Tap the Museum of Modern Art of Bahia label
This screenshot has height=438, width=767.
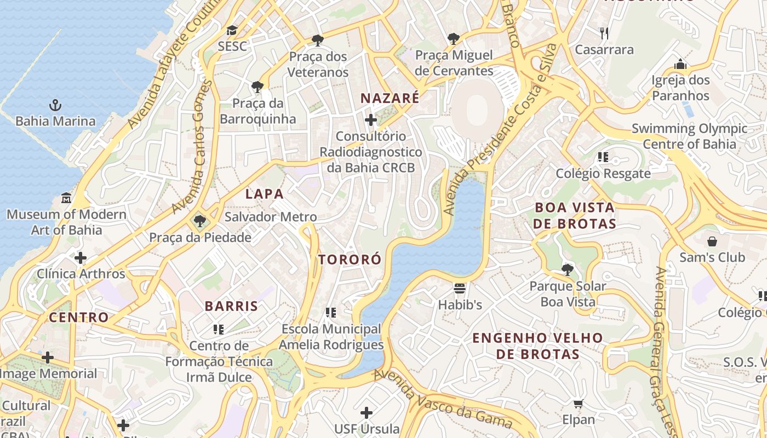[66, 222]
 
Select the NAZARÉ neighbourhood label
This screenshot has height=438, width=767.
[390, 99]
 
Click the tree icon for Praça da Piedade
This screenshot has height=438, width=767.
[200, 221]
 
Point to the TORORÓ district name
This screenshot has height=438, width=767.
[350, 260]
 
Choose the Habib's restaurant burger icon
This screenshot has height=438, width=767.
[460, 288]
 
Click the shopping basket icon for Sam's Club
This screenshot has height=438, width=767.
[712, 241]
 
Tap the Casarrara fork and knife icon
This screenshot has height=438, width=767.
[604, 33]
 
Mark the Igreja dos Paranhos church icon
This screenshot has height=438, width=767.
[680, 64]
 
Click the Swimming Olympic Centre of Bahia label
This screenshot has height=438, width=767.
[689, 136]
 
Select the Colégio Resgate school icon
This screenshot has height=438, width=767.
[603, 158]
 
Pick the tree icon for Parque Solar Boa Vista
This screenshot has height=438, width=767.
[567, 269]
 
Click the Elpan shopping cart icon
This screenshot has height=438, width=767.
[578, 404]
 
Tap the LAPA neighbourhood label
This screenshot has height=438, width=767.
[265, 194]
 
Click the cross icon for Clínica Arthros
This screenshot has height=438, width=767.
[81, 257]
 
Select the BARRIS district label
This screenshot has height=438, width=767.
[231, 306]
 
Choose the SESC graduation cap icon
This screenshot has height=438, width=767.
[232, 30]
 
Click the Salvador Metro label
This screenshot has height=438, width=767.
[271, 217]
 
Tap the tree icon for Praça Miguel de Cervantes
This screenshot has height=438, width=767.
[454, 38]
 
